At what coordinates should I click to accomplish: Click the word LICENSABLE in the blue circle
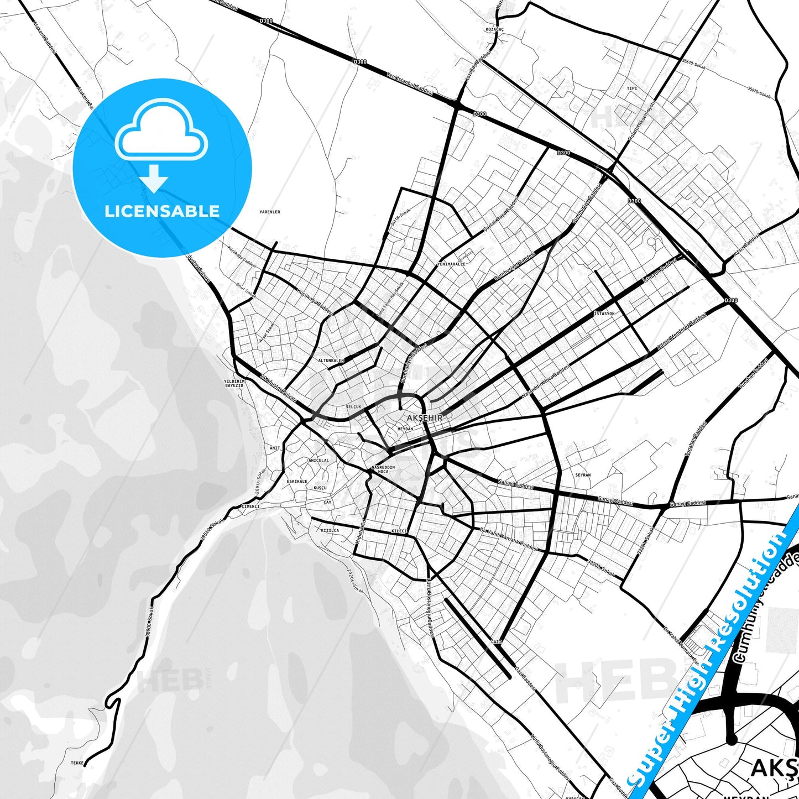(162, 211)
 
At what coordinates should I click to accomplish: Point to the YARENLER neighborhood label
(270, 212)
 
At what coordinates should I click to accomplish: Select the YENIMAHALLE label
(451, 264)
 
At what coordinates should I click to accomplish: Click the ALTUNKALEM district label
(331, 361)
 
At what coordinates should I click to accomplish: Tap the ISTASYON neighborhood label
(604, 314)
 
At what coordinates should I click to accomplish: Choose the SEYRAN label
(583, 475)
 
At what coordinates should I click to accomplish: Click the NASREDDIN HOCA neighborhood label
(383, 469)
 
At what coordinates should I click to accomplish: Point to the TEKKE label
(77, 763)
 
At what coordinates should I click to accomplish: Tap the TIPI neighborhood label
(632, 88)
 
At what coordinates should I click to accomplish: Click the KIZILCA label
(330, 530)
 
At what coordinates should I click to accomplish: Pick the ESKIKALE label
(297, 482)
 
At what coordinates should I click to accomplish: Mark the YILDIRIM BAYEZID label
(234, 383)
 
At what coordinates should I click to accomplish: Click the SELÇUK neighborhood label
(353, 407)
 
